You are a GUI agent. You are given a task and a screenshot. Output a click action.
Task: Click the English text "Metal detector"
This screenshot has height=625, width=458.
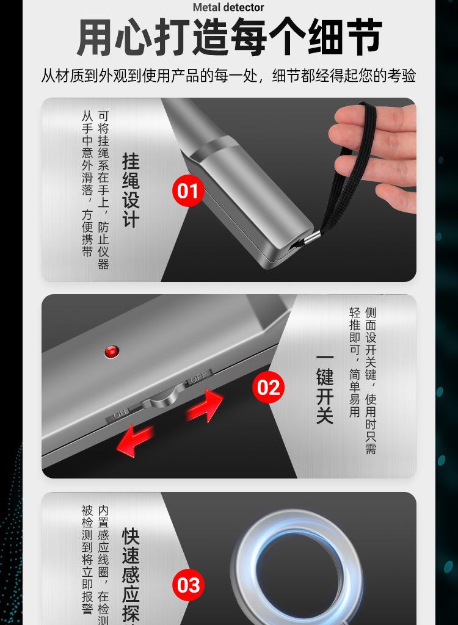pyautogui.click(x=229, y=7)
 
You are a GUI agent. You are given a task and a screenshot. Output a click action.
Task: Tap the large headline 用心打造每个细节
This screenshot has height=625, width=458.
pyautogui.click(x=229, y=38)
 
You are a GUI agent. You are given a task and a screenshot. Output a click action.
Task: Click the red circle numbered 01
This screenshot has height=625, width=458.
pyautogui.click(x=188, y=191)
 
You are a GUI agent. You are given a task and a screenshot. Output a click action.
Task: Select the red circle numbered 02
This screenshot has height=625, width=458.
pyautogui.click(x=269, y=388)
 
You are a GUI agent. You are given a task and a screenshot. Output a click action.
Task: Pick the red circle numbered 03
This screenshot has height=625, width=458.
pyautogui.click(x=188, y=585)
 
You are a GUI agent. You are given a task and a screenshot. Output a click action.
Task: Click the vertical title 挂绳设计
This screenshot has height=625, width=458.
pyautogui.click(x=131, y=190)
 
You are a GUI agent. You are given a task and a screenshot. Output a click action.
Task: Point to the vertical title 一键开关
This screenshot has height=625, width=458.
pyautogui.click(x=325, y=388)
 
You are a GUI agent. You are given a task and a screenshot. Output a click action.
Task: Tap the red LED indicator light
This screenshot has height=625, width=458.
pyautogui.click(x=111, y=351)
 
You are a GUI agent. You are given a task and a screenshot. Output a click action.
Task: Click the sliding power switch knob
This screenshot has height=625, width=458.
pyautogui.click(x=161, y=397)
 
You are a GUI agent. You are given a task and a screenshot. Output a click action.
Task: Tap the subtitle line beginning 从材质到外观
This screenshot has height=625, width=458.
pyautogui.click(x=229, y=76)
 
